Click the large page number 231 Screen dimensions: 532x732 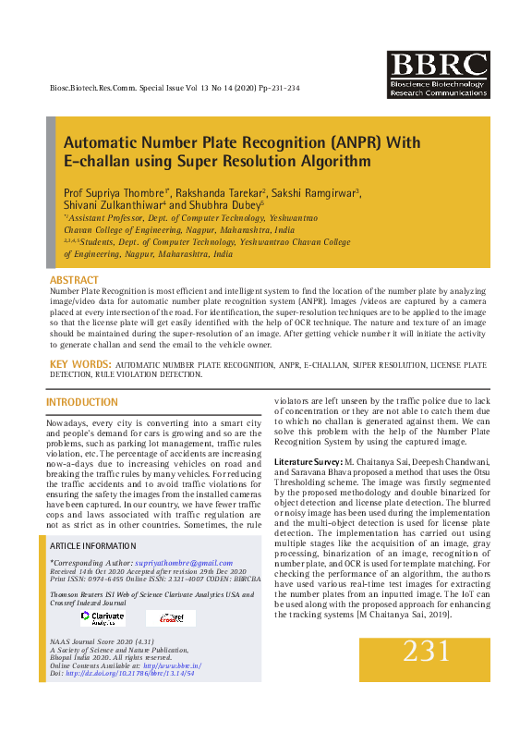(427, 653)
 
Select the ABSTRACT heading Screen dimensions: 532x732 (74, 279)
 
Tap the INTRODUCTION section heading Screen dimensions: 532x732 (82, 402)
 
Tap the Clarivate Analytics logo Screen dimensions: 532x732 (102, 616)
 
